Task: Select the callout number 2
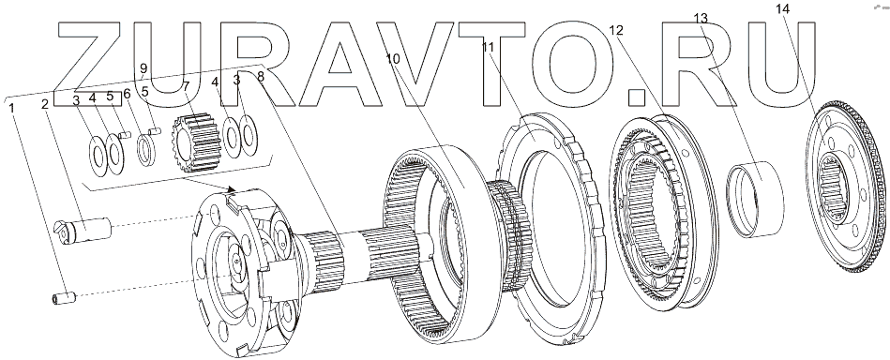44,103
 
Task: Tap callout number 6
127,94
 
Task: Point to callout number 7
187,85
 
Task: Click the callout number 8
261,78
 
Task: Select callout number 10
393,58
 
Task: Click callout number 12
616,30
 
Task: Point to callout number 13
701,18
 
